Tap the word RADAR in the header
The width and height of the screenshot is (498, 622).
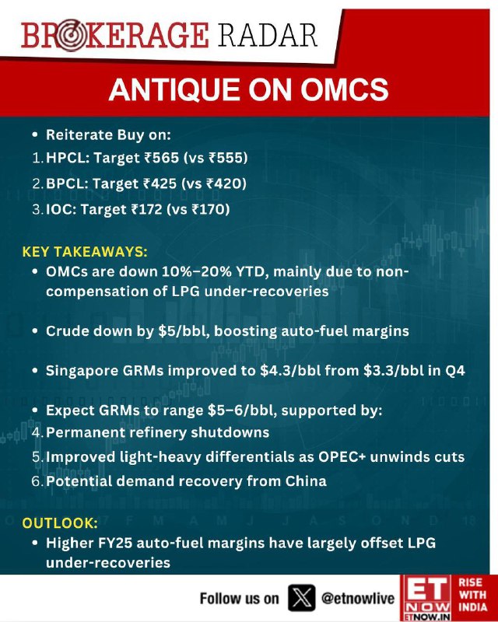point(267,35)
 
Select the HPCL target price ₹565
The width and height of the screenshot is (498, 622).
point(162,158)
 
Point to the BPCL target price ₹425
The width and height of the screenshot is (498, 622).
point(160,183)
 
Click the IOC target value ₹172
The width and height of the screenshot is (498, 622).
point(146,209)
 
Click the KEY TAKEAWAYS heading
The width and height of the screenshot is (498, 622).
point(85,252)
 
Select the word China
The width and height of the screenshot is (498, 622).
point(306,481)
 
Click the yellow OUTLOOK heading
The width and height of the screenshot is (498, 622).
point(60,522)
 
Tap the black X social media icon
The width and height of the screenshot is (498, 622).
point(301,598)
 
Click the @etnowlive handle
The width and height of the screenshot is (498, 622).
point(358,598)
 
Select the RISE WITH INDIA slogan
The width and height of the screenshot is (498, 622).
point(472,595)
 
